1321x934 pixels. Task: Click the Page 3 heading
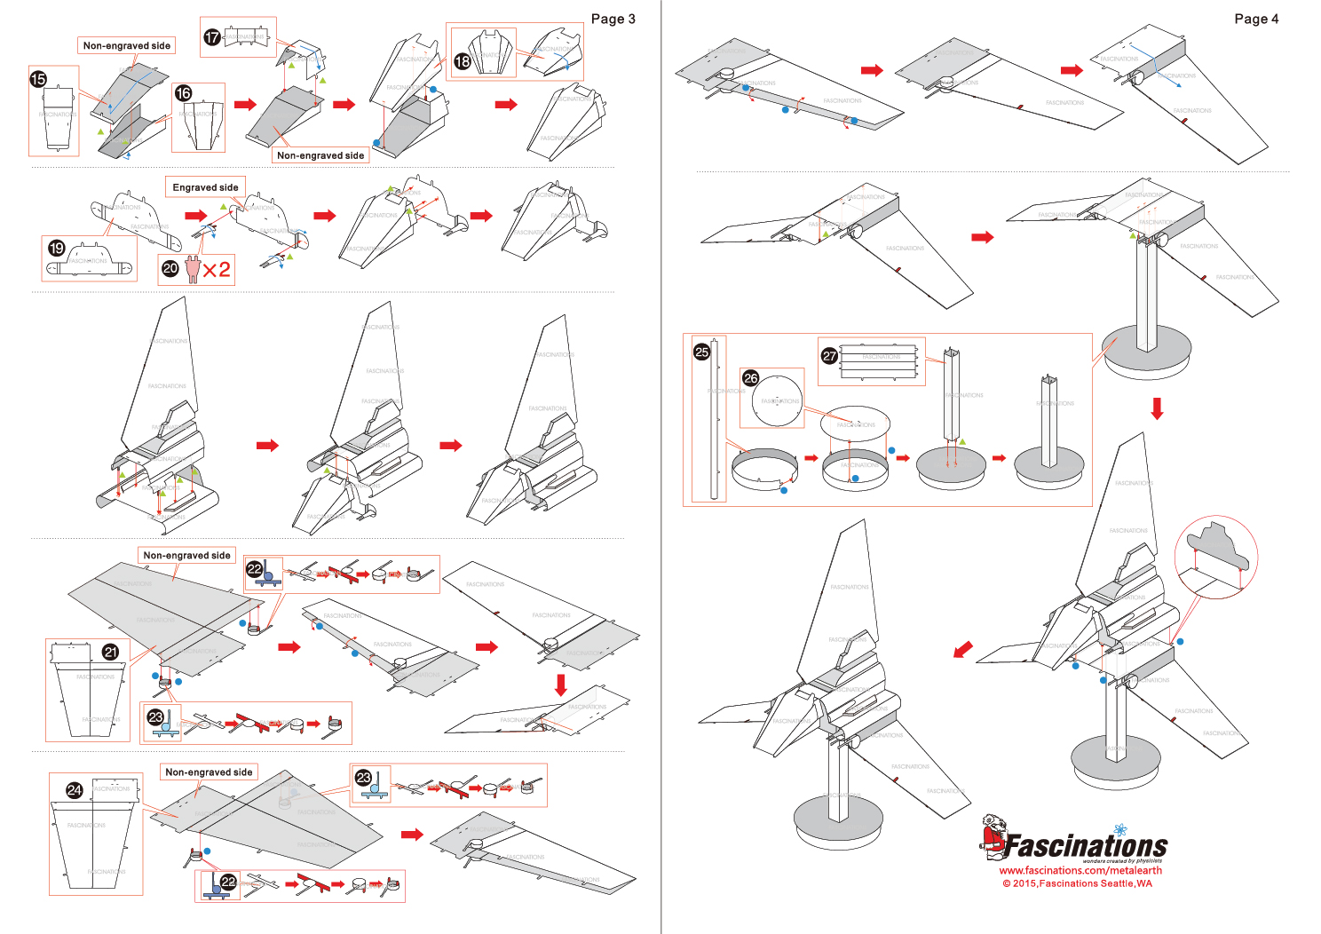pos(613,19)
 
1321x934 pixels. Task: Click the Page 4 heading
pos(1256,19)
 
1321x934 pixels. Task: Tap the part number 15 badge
pos(38,79)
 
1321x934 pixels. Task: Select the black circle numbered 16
pos(184,93)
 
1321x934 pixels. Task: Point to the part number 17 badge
pos(212,37)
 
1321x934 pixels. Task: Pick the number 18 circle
pos(463,61)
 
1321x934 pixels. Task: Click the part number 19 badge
pos(57,248)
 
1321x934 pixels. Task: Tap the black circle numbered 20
pos(170,268)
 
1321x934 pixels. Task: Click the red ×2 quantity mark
pos(217,269)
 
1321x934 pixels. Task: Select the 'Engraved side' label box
pos(205,187)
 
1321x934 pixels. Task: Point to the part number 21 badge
pos(111,652)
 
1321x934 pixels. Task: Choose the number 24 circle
pos(75,789)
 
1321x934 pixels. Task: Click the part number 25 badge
pos(702,352)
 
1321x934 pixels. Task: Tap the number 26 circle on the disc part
pos(751,378)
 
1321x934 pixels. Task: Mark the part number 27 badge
pos(829,355)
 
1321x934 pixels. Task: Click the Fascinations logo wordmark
pos(1085,845)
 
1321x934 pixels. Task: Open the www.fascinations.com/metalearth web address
pos(1080,870)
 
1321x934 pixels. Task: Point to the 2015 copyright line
pos(1077,883)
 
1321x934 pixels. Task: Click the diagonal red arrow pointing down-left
pos(962,650)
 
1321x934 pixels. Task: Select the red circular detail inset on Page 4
pos(1215,558)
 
